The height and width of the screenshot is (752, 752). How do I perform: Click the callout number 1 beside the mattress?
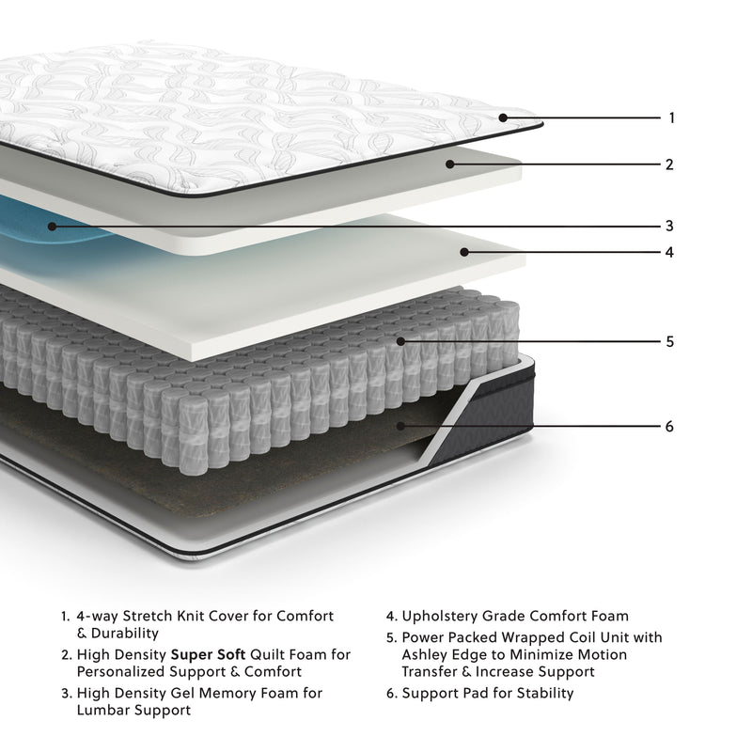coord(672,118)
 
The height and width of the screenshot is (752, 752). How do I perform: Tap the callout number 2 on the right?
coord(669,164)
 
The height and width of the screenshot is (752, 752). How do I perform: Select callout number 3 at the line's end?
coord(669,226)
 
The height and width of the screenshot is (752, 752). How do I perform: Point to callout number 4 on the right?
coord(669,252)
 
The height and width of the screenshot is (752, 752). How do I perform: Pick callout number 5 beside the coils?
coord(669,341)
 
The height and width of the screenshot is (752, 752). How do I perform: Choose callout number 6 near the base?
coord(669,426)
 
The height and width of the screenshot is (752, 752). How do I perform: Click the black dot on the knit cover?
coord(504,117)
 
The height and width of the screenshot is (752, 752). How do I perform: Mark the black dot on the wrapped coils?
coord(400,341)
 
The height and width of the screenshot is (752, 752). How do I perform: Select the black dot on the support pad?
coord(400,426)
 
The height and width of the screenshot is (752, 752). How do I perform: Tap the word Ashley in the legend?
coord(428,654)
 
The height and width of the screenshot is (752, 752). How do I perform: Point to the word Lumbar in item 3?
coord(100,711)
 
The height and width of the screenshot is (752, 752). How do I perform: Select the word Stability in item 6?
coord(541,693)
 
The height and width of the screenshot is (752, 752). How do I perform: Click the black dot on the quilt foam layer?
coord(450,164)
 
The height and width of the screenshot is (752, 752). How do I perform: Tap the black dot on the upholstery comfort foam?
coord(463,252)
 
